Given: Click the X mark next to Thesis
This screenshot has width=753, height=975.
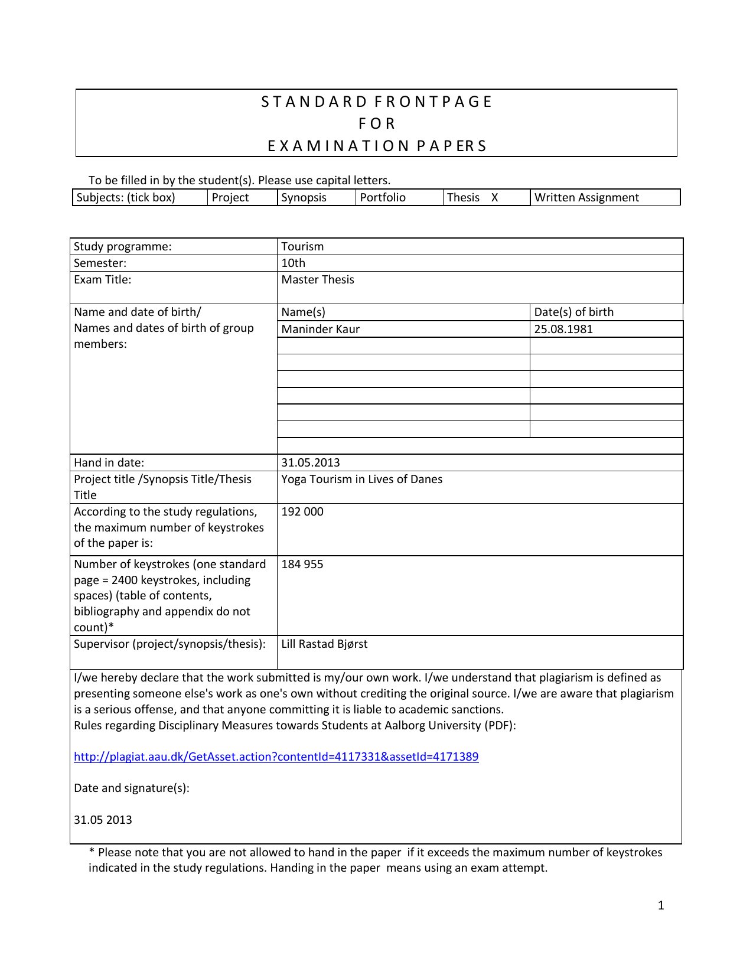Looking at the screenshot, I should coord(495,198).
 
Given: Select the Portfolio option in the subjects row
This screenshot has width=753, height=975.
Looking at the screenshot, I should coord(383,198).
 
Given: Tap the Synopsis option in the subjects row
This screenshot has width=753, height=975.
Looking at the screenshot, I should coord(304,198).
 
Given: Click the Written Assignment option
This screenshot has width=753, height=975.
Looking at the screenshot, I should coord(586,198).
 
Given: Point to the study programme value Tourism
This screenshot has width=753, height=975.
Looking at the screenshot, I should coord(302,247).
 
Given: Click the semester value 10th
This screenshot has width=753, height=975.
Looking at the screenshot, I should coord(293,263).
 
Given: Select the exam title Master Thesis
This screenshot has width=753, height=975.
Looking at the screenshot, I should coord(318,280).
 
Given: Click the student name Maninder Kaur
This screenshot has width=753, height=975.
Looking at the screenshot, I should coord(320,330).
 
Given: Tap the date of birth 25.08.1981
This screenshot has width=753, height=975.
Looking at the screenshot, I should coord(563,330).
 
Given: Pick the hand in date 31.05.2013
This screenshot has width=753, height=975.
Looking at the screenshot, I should coord(311,463).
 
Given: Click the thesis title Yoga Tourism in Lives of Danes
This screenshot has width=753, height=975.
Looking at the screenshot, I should coord(361,480).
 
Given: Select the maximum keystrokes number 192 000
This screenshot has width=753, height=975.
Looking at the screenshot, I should coord(302,512).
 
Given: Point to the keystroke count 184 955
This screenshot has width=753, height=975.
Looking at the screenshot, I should coord(302,565).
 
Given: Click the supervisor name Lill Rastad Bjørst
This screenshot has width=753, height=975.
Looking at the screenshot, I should coord(324,644).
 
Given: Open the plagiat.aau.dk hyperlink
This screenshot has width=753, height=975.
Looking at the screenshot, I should coord(276,757).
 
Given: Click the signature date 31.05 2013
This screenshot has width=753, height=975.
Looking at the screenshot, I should coord(103,820).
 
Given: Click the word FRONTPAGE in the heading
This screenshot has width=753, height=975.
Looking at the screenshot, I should coord(433,102).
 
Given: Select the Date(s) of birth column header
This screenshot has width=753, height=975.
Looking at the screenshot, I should coord(573,312).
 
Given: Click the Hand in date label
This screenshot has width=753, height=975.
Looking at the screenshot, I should coord(109,463).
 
